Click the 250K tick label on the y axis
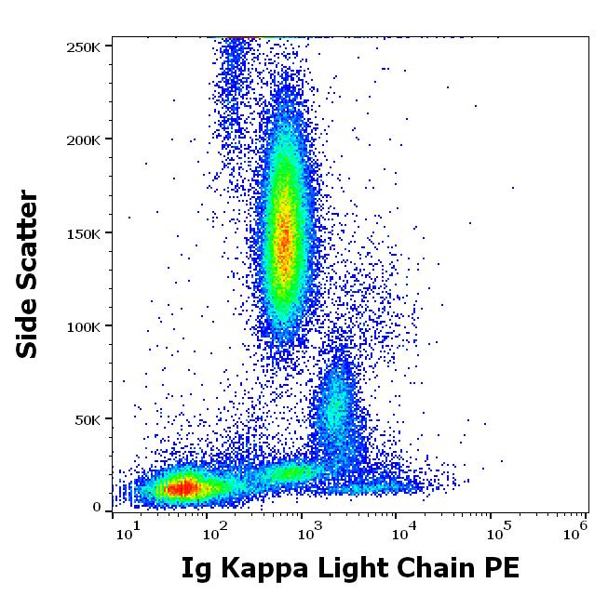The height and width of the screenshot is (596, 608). pos(86,46)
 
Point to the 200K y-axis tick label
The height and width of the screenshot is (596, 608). pos(86,139)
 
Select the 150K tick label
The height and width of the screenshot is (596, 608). pos(86,233)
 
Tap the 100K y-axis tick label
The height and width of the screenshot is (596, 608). pos(86,326)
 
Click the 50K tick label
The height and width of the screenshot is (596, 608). pos(89,419)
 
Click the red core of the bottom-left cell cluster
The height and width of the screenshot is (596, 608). pos(185,487)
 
